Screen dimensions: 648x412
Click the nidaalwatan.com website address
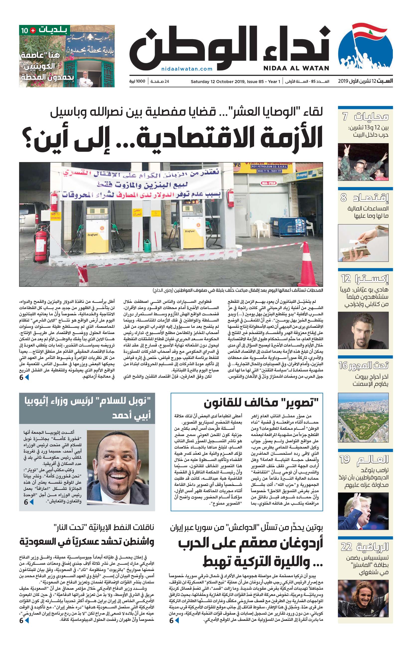tap(187, 69)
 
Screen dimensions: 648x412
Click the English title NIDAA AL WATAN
tap(296, 68)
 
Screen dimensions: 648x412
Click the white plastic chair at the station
tap(262, 228)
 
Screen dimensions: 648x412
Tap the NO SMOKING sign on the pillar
tap(55, 216)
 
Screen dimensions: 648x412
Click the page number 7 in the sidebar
tap(345, 117)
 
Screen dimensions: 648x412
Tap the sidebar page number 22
tap(346, 546)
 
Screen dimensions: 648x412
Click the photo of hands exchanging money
tap(363, 243)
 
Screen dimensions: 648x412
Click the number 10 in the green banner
tap(24, 30)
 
